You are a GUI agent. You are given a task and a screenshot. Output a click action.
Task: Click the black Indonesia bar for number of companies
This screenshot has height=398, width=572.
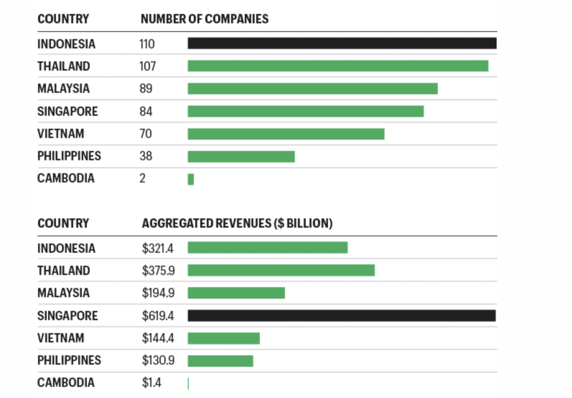342,43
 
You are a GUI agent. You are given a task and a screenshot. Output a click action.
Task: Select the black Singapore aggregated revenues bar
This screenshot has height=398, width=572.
341,316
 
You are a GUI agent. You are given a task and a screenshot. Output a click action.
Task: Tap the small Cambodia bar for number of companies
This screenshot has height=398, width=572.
191,179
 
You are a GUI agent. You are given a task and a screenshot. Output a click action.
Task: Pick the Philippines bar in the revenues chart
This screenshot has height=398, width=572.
220,361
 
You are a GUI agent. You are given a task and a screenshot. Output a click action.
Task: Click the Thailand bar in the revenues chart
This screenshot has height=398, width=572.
281,270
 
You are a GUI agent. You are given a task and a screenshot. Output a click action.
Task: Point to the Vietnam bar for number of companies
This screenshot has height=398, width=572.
286,134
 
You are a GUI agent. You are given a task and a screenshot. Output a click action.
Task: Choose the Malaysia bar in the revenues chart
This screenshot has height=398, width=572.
236,293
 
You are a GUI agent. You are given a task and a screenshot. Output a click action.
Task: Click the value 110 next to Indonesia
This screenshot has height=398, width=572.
147,44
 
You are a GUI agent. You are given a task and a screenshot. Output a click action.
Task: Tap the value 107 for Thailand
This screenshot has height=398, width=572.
147,66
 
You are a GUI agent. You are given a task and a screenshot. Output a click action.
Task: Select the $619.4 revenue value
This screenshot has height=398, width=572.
158,316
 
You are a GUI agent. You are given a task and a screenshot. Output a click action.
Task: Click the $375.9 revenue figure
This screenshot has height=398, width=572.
158,271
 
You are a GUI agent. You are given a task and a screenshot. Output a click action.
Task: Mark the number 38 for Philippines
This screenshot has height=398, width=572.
146,156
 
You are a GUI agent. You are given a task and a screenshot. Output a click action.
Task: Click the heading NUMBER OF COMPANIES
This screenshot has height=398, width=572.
204,19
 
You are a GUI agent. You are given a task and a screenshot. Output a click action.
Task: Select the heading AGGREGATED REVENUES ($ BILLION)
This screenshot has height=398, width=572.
237,223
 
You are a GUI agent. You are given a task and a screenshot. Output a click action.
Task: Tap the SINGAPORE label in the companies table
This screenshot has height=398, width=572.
67,111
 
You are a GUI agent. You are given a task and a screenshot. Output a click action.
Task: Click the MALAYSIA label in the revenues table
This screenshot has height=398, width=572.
63,293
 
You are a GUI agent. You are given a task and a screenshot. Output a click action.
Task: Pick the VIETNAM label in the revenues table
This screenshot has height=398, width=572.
61,338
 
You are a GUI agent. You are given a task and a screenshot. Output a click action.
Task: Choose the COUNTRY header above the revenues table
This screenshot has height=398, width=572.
63,223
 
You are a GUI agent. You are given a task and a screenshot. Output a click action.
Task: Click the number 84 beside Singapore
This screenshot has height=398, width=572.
146,111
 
